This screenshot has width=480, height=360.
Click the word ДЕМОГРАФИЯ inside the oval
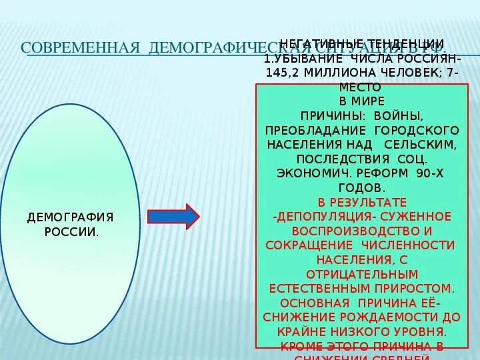(x=70, y=217)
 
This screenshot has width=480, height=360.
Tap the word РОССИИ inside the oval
(x=70, y=231)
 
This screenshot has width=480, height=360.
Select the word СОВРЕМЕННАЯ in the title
(x=80, y=48)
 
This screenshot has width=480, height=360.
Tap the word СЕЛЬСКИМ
(x=426, y=144)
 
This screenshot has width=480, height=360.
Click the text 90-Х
(x=429, y=173)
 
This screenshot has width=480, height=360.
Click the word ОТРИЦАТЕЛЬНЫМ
(x=362, y=274)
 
